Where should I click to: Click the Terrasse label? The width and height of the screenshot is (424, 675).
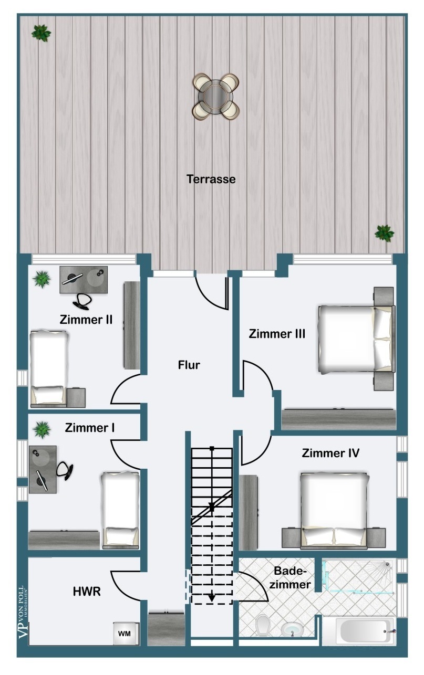pyautogui.click(x=211, y=179)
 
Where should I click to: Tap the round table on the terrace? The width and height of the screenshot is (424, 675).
pyautogui.click(x=215, y=97)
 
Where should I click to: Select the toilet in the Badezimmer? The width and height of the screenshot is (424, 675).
pyautogui.click(x=262, y=625)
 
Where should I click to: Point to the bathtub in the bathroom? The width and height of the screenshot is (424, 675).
pyautogui.click(x=366, y=631)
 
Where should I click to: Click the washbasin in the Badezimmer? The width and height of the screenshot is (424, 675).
pyautogui.click(x=292, y=629)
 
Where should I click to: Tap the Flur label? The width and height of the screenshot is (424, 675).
pyautogui.click(x=189, y=365)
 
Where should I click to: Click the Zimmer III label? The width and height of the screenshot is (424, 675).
pyautogui.click(x=277, y=334)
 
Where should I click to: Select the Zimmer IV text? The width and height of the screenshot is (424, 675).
pyautogui.click(x=330, y=453)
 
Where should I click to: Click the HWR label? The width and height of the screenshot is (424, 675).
pyautogui.click(x=87, y=592)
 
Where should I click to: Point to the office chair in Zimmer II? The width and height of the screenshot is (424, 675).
pyautogui.click(x=82, y=301)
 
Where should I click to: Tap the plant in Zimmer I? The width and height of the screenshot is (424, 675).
pyautogui.click(x=42, y=429)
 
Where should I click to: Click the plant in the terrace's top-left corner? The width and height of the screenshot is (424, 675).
pyautogui.click(x=41, y=33)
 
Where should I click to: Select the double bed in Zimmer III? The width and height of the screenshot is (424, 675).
pyautogui.click(x=357, y=340)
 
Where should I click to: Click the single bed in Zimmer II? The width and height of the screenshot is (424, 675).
pyautogui.click(x=48, y=368)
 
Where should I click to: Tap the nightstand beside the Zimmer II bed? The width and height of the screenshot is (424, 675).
pyautogui.click(x=76, y=397)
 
